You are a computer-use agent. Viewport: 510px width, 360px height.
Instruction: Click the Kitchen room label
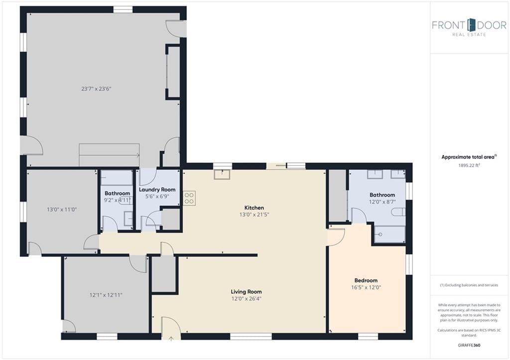tap(254, 208)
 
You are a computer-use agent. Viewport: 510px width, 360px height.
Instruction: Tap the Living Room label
tap(246, 292)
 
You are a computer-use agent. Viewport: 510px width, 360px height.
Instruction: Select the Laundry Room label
tap(157, 189)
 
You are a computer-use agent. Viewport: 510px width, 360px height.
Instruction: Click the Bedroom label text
tap(366, 280)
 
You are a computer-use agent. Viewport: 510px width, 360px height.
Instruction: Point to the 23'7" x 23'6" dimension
tap(96, 89)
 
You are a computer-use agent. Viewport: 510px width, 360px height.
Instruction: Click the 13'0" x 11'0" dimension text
tap(62, 210)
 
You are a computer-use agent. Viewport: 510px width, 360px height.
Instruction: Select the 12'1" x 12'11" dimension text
tap(106, 295)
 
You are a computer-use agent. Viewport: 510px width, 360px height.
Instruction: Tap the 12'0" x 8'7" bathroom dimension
tap(382, 202)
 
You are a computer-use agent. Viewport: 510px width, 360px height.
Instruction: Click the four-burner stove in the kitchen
tap(189, 198)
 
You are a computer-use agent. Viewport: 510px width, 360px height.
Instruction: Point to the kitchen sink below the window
tap(222, 175)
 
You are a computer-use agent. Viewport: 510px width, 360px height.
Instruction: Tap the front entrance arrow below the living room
tap(171, 339)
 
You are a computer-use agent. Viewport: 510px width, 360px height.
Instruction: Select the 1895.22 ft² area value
tap(469, 165)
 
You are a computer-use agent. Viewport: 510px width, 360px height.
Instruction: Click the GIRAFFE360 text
tap(469, 345)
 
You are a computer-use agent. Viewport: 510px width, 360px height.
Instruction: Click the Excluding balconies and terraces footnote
tap(469, 285)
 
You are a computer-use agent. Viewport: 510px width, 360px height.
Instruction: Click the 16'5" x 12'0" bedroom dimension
tap(366, 287)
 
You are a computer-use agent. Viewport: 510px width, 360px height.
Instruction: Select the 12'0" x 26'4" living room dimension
tap(246, 299)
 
